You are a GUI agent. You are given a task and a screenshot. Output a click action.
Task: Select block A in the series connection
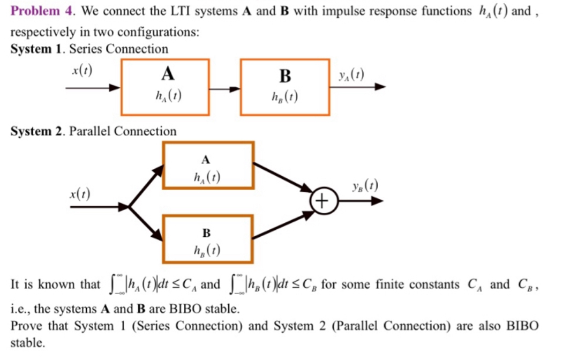point(165,87)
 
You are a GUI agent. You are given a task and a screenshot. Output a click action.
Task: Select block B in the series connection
point(285,87)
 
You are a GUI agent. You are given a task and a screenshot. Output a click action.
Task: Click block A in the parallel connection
point(208,166)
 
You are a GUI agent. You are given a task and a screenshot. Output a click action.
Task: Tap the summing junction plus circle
point(322,201)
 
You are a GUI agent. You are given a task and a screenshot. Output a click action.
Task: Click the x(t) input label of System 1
point(82,70)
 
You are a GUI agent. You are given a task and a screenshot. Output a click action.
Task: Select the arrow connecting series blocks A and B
point(224,88)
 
